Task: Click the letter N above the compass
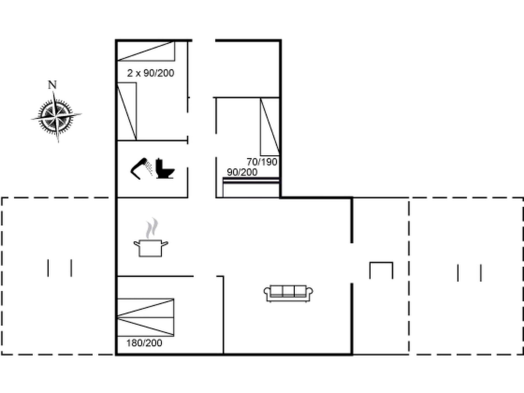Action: click(52, 85)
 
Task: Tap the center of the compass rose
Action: click(56, 117)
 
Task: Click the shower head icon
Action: click(141, 169)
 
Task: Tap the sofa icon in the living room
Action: click(288, 293)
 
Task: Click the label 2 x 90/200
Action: click(150, 73)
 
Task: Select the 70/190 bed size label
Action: click(262, 162)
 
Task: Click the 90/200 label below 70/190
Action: click(242, 172)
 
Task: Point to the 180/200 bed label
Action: click(144, 343)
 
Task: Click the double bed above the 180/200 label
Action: click(146, 317)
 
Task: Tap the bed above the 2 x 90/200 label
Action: click(146, 51)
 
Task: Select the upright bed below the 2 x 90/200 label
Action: click(127, 111)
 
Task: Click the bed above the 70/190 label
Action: click(270, 127)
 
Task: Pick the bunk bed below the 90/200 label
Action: click(251, 188)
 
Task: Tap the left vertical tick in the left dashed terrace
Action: click(48, 268)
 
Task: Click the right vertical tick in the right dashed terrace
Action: click(481, 273)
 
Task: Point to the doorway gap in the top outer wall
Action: click(204, 40)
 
